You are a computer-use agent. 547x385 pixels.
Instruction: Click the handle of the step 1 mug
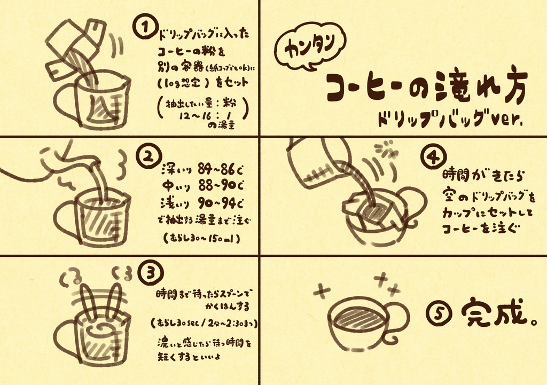pyautogui.click(x=64, y=101)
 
